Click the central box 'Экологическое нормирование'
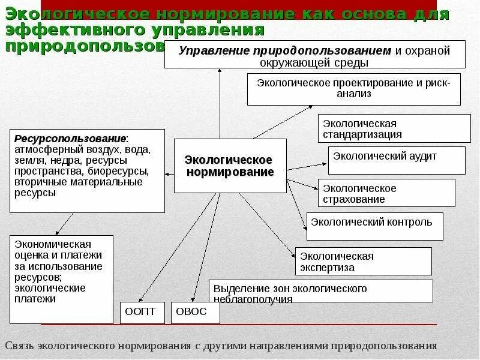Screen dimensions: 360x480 [230, 166]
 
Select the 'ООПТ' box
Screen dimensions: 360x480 [140, 312]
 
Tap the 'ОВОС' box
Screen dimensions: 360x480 [196, 312]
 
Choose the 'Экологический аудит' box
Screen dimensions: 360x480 [396, 160]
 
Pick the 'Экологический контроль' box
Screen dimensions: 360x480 [374, 226]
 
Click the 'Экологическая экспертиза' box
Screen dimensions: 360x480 [363, 262]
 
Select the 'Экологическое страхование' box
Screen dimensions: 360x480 [386, 193]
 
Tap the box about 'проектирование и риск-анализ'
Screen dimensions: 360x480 [353, 89]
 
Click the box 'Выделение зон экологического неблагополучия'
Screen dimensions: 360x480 [320, 291]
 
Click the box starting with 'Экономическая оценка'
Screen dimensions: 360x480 [61, 278]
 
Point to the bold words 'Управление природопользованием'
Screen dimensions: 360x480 [285, 50]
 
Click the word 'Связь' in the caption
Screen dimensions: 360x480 [19, 346]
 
